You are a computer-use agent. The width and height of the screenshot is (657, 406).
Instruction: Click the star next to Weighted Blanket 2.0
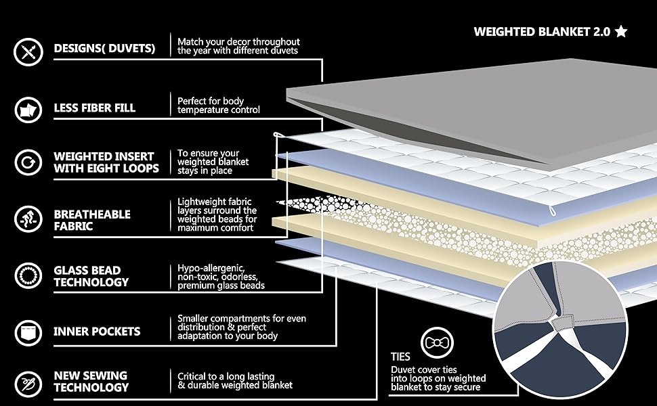pyautogui.click(x=621, y=31)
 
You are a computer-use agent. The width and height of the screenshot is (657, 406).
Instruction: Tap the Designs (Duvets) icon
pyautogui.click(x=28, y=49)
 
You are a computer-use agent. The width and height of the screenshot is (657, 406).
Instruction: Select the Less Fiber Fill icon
pyautogui.click(x=28, y=108)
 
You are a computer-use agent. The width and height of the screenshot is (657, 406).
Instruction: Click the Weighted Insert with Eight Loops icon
pyautogui.click(x=28, y=162)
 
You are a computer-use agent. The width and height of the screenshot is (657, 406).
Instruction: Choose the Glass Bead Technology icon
pyautogui.click(x=28, y=275)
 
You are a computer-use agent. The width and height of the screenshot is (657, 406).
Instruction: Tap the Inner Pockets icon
pyautogui.click(x=28, y=332)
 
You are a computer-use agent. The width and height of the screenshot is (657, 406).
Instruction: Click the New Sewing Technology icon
pyautogui.click(x=28, y=381)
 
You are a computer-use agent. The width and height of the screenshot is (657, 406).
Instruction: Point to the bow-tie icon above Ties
pyautogui.click(x=433, y=344)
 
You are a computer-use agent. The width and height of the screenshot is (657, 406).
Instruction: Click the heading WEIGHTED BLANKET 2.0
pyautogui.click(x=541, y=32)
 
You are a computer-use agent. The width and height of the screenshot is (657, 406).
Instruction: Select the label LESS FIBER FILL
pyautogui.click(x=94, y=108)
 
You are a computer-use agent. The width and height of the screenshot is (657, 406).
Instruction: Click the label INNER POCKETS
pyautogui.click(x=97, y=332)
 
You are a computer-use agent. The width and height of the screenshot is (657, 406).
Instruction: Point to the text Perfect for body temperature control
pyautogui.click(x=218, y=106)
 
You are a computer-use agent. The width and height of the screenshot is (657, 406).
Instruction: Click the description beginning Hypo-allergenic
pyautogui.click(x=221, y=276)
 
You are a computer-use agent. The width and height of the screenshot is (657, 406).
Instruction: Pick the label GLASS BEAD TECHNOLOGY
pyautogui.click(x=91, y=275)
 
